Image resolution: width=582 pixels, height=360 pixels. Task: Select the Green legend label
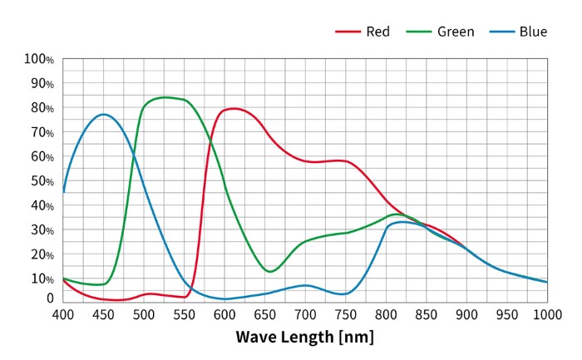pyautogui.click(x=455, y=32)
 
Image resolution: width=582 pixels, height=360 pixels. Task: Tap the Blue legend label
pyautogui.click(x=533, y=32)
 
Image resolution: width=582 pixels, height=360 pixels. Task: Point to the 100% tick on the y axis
pyautogui.click(x=39, y=59)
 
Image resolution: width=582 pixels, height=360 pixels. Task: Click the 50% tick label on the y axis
pyautogui.click(x=42, y=181)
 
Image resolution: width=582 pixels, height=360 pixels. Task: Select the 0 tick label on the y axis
pyautogui.click(x=50, y=298)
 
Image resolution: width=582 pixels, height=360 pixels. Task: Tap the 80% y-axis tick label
pyautogui.click(x=42, y=108)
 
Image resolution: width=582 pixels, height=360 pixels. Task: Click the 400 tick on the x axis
pyautogui.click(x=63, y=315)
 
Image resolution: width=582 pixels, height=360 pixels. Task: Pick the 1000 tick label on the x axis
pyautogui.click(x=546, y=315)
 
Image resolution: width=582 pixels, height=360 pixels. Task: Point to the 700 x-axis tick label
pyautogui.click(x=305, y=315)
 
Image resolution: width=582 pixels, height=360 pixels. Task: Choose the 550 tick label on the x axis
pyautogui.click(x=185, y=315)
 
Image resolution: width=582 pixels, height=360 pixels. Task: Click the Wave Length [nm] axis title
pyautogui.click(x=304, y=337)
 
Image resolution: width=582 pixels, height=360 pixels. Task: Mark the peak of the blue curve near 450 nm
pyautogui.click(x=103, y=114)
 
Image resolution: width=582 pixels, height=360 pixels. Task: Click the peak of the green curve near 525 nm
pyautogui.click(x=165, y=97)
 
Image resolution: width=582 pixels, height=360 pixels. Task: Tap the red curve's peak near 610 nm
pyautogui.click(x=234, y=108)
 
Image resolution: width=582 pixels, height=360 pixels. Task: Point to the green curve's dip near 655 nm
pyautogui.click(x=270, y=271)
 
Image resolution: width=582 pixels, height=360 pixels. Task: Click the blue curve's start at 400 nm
pyautogui.click(x=64, y=191)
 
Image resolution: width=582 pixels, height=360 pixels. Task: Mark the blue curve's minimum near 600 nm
pyautogui.click(x=224, y=299)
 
